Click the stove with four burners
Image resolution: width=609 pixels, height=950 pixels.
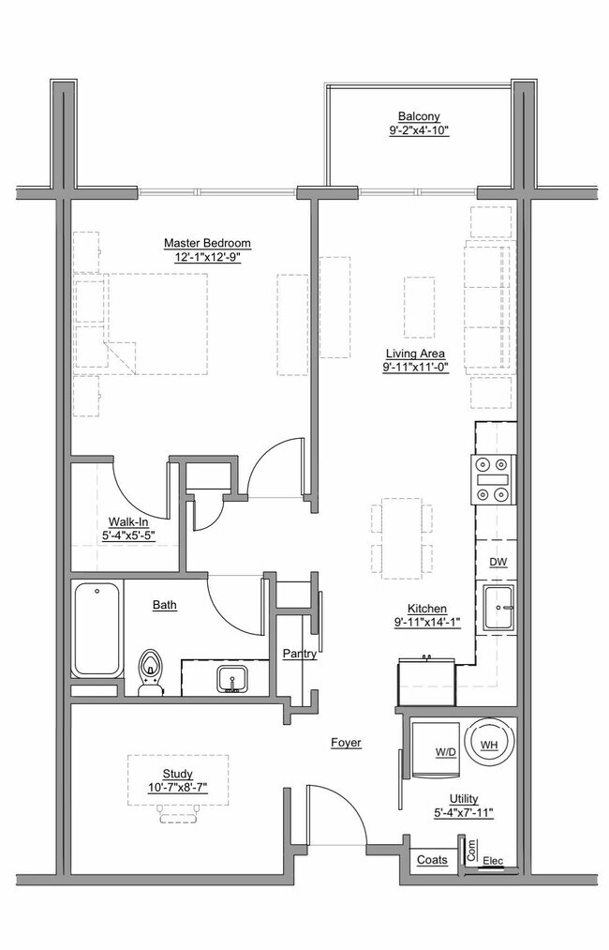[494, 479]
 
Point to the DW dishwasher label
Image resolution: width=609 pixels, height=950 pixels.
[498, 561]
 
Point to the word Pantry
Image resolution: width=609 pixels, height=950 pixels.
[299, 653]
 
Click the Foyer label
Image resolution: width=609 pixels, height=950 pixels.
[346, 743]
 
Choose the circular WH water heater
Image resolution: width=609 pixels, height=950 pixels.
[488, 744]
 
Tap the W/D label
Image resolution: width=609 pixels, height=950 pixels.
[446, 752]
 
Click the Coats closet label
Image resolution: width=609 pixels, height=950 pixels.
[432, 859]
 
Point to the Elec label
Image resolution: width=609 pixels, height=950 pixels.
[493, 861]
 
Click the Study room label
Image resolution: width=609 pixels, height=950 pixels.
[176, 774]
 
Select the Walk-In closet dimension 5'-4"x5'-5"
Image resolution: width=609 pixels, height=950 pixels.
[126, 536]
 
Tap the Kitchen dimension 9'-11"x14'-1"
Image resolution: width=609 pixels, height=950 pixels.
[426, 622]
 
